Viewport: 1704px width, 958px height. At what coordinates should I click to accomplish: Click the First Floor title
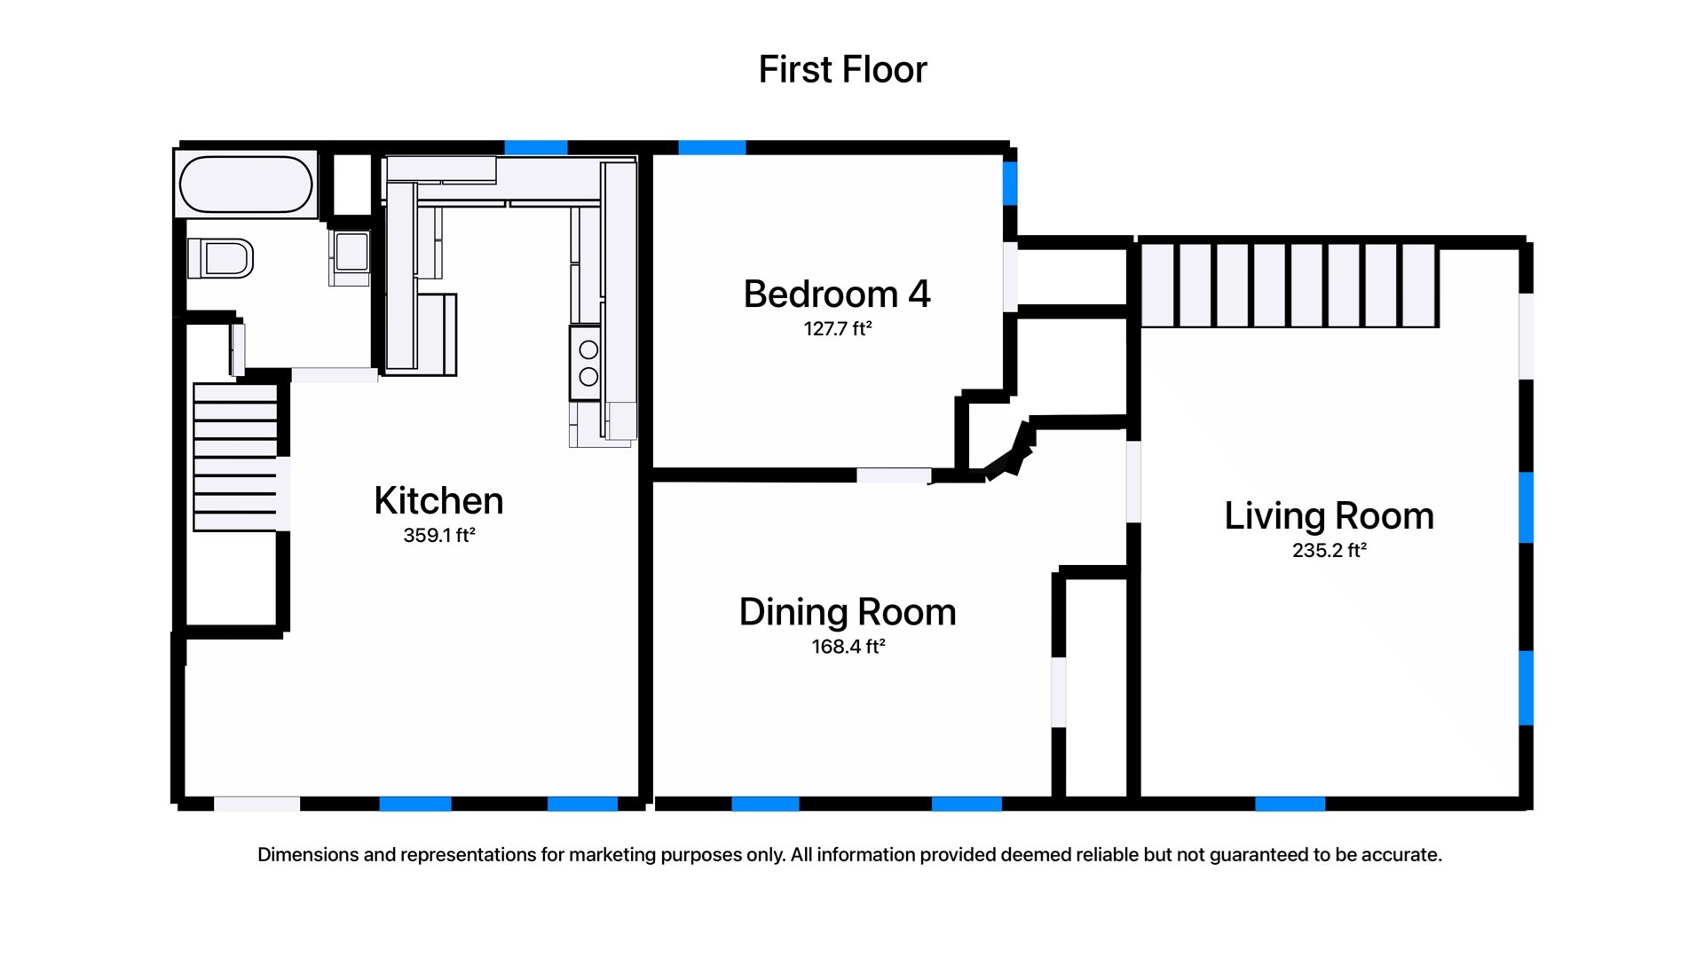point(842,69)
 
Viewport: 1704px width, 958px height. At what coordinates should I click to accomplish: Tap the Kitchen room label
point(438,501)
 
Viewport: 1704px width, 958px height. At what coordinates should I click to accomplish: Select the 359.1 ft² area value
point(438,535)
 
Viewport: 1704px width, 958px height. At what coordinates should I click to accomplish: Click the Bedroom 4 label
point(836,294)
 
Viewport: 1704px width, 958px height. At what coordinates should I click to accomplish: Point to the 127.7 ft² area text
point(837,329)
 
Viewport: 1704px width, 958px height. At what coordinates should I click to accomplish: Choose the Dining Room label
point(848,612)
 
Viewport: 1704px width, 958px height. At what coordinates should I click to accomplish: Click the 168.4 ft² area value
point(848,647)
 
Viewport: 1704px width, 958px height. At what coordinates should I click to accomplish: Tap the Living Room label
point(1329,516)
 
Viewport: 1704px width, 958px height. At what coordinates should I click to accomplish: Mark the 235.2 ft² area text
point(1329,550)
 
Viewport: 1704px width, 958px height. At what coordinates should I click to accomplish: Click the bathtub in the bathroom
point(246,185)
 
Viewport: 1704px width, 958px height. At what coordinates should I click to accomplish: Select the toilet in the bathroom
point(222,259)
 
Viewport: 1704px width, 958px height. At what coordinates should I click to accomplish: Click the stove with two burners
point(587,363)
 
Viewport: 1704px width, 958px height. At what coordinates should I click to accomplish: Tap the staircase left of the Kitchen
point(235,457)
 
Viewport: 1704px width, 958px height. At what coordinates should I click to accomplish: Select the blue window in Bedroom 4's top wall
point(712,147)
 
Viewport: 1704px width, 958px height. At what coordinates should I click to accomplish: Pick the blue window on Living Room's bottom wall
point(1290,804)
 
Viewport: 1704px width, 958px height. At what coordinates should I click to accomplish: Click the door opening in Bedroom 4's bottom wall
point(893,476)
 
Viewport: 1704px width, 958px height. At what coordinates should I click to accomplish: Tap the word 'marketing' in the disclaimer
point(612,855)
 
